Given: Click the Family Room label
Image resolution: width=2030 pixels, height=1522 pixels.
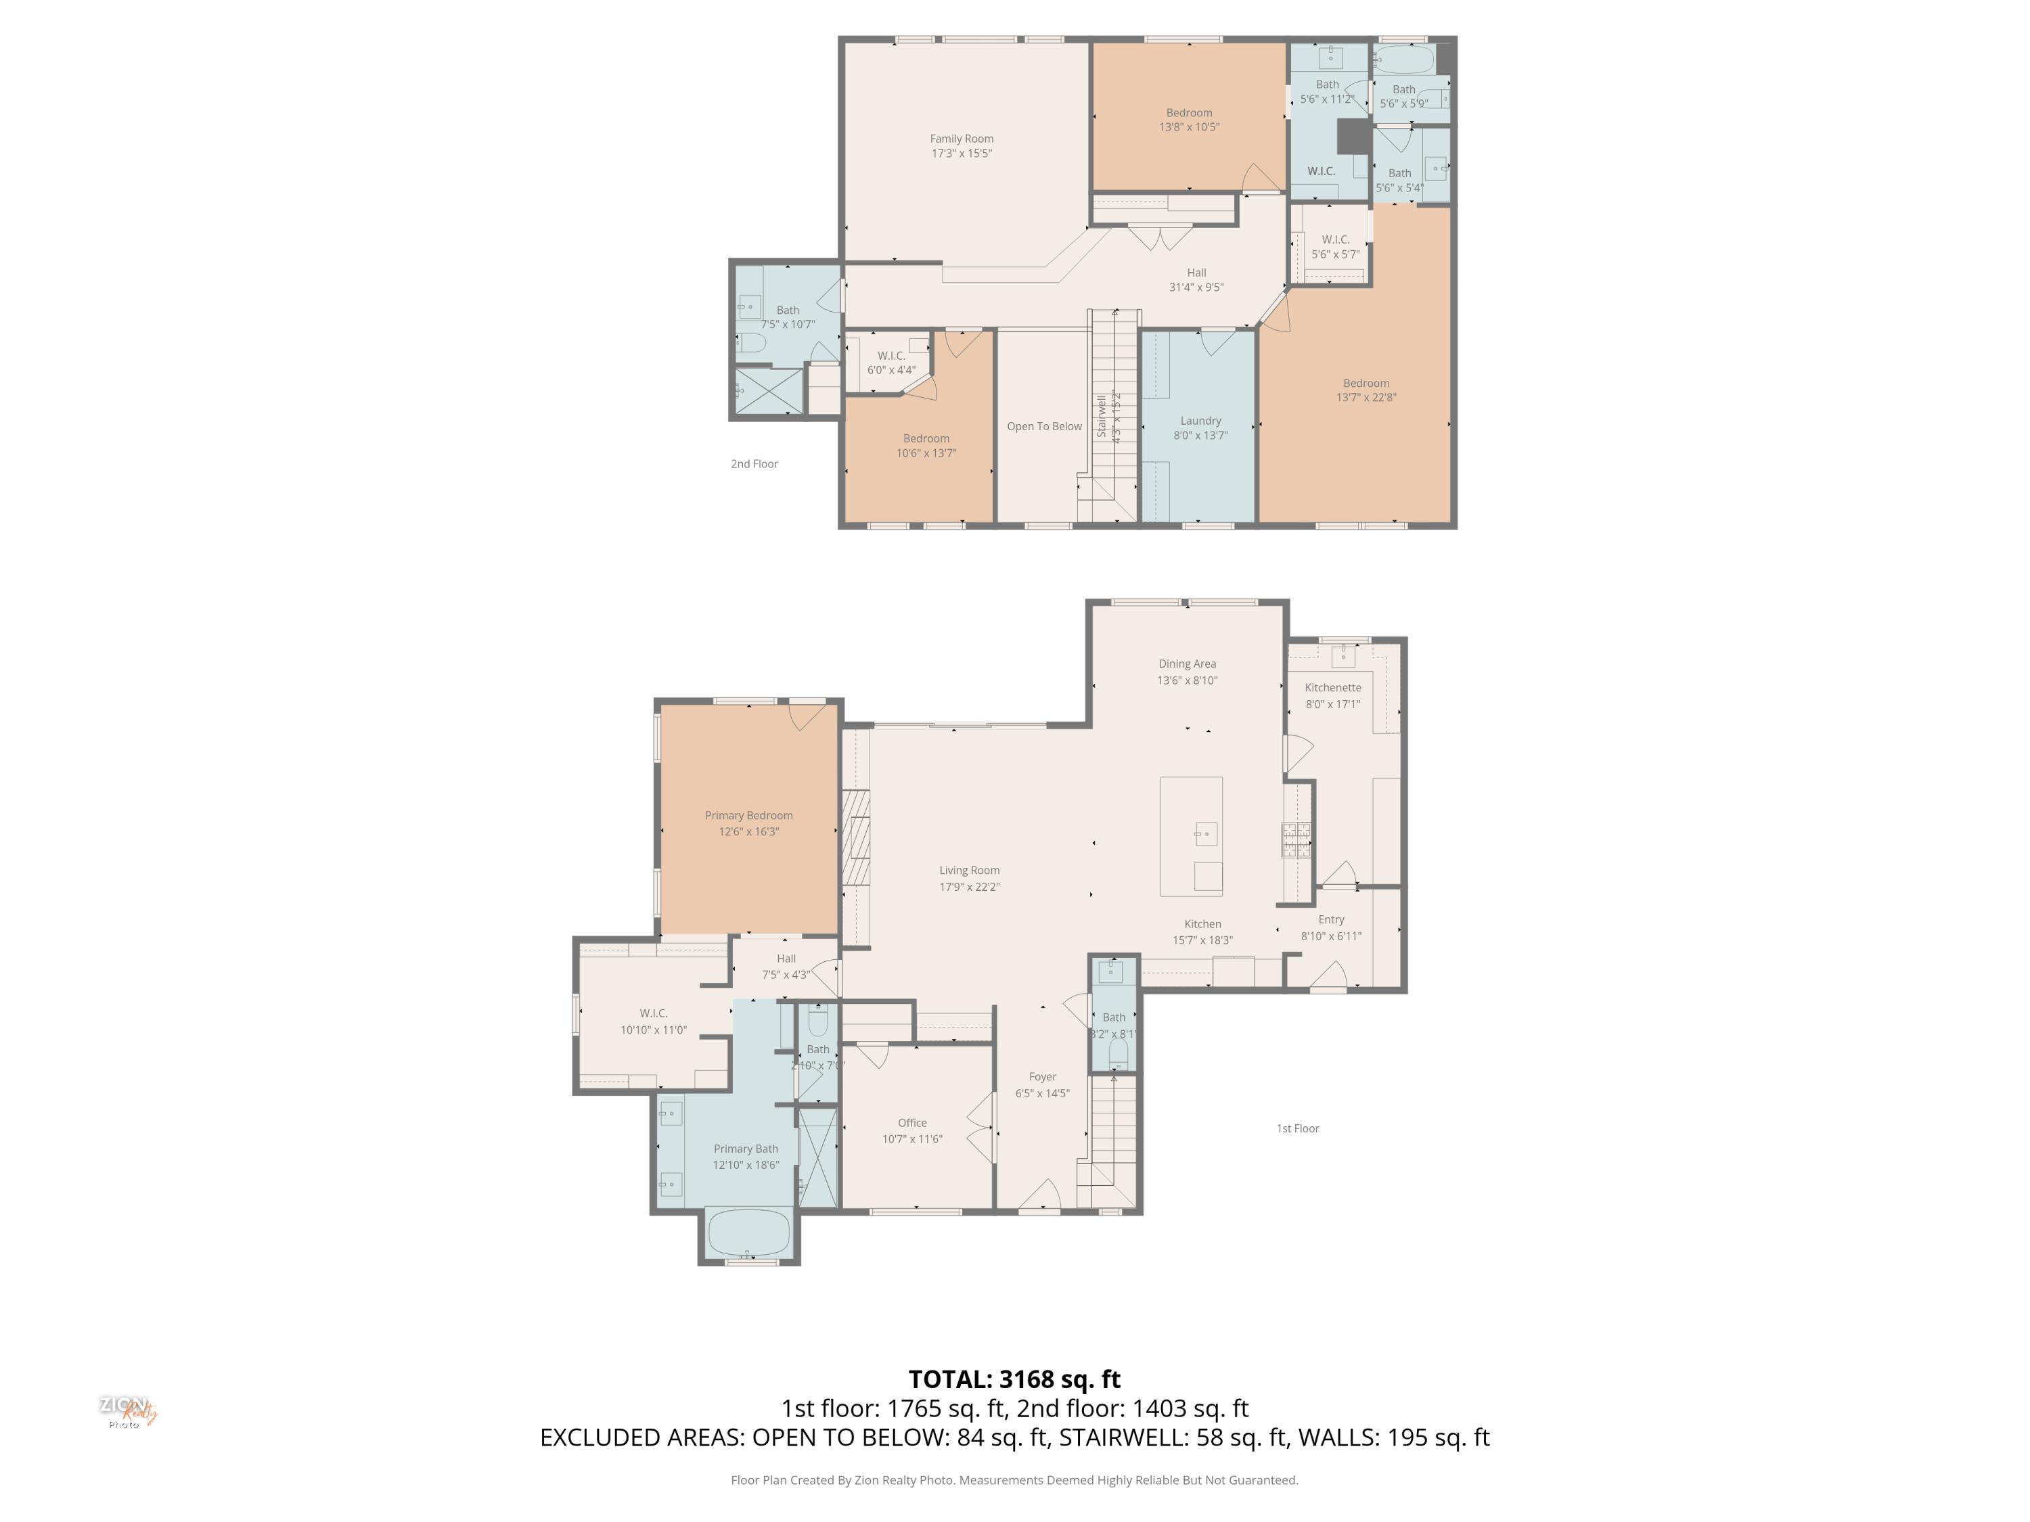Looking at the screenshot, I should (x=961, y=139).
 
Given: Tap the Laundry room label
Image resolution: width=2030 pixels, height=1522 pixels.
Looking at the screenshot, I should (x=1200, y=420).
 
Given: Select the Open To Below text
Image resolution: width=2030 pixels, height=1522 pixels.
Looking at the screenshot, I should (x=1043, y=427).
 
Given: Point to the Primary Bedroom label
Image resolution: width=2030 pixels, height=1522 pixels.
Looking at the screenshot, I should (x=748, y=814).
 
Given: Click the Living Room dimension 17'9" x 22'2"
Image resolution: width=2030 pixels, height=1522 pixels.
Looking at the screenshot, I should (x=968, y=887).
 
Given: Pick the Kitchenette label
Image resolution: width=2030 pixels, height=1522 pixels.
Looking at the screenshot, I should (x=1332, y=687).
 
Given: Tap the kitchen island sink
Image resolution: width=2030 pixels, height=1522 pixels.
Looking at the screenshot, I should (x=1205, y=833).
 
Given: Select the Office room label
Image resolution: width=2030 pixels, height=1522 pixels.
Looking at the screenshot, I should (x=911, y=1123).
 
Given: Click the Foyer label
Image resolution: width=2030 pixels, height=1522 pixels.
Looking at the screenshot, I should (x=1041, y=1077).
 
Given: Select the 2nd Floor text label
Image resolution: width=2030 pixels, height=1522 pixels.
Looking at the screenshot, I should (x=753, y=464).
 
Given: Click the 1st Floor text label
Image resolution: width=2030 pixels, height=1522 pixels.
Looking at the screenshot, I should (x=1296, y=1128).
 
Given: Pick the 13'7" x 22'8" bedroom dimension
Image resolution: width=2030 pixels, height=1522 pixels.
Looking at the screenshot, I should (x=1366, y=397).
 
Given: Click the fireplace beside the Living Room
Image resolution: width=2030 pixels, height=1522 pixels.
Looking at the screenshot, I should (x=856, y=837).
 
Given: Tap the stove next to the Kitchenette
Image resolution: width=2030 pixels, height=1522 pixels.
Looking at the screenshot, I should (x=1296, y=839).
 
